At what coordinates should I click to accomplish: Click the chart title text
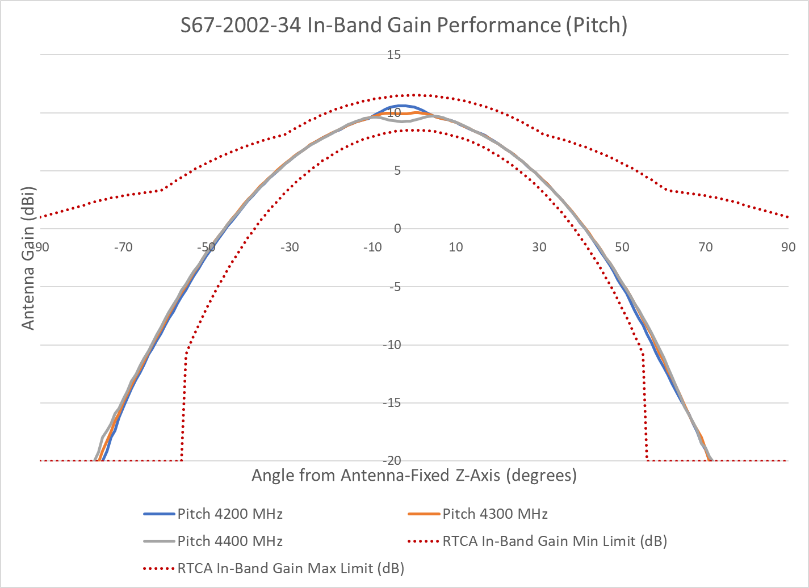pos(404,26)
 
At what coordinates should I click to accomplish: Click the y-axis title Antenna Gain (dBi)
pos(28,258)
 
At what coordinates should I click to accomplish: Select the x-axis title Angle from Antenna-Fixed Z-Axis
pos(414,475)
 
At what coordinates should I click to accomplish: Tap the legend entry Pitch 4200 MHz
pos(230,514)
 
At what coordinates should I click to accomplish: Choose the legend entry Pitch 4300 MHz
pos(495,514)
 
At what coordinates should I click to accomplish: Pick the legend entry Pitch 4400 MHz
pos(230,541)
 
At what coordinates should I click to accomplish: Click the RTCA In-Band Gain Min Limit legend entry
pos(555,541)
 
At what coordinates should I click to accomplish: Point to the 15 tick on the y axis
pos(394,55)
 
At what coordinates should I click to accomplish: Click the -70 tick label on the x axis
pos(123,247)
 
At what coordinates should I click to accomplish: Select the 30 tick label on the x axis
pos(539,247)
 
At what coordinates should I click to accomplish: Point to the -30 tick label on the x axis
pos(289,247)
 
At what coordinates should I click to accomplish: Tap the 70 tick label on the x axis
pos(705,247)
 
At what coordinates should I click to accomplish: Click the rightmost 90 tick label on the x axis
pos(788,247)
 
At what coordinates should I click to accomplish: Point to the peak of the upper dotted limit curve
pos(414,95)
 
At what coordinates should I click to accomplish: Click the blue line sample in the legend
pos(159,514)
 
